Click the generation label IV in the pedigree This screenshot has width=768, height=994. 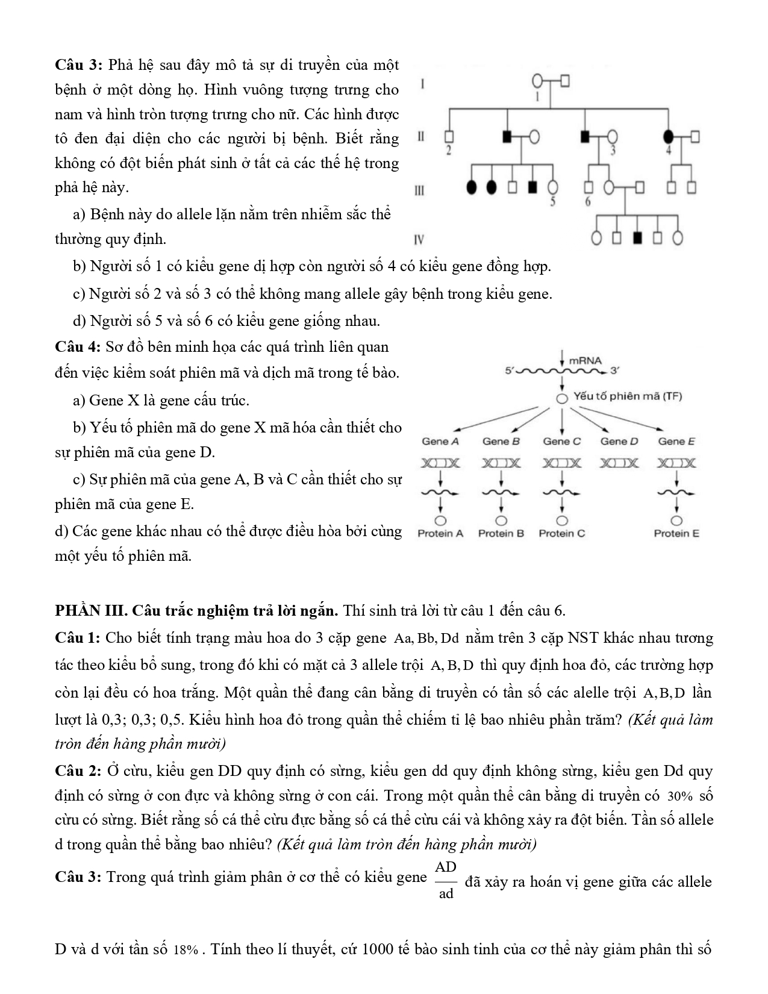(x=419, y=240)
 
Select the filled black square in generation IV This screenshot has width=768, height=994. (x=637, y=239)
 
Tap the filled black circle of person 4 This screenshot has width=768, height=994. (x=669, y=137)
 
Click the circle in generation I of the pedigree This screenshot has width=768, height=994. (x=538, y=81)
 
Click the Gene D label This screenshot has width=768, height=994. (x=619, y=442)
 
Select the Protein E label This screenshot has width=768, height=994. (x=676, y=533)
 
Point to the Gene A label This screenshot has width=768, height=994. (x=440, y=442)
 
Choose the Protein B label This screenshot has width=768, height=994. (x=501, y=533)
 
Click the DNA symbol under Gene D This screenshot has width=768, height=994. (x=619, y=463)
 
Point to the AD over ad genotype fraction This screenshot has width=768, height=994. (x=446, y=880)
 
